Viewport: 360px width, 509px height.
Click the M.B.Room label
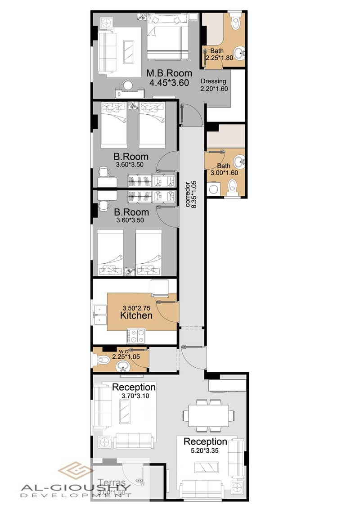pos(169,73)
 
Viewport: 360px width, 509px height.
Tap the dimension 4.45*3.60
pos(169,82)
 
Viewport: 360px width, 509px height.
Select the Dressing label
pos(213,81)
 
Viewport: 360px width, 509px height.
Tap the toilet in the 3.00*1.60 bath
pos(233,185)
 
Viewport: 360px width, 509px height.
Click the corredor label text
pos(188,194)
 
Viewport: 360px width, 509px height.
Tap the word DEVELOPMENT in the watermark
pos(76,495)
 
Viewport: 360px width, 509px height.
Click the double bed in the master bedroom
pos(167,36)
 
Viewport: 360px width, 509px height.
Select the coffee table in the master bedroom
pos(129,52)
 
